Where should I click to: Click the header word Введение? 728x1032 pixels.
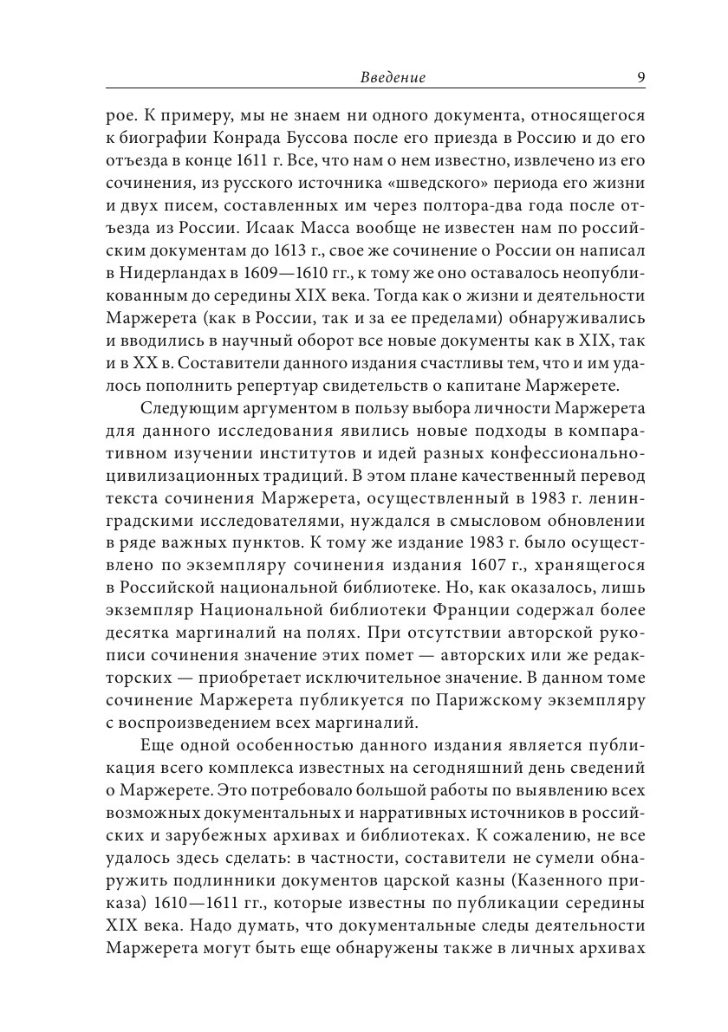392,78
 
